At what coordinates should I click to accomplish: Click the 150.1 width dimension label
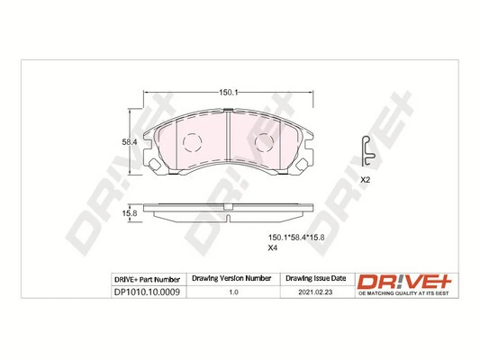[228, 92]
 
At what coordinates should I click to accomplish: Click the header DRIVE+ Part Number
[147, 280]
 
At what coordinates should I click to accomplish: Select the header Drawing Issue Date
[314, 280]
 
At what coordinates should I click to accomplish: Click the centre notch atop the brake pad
[229, 112]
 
